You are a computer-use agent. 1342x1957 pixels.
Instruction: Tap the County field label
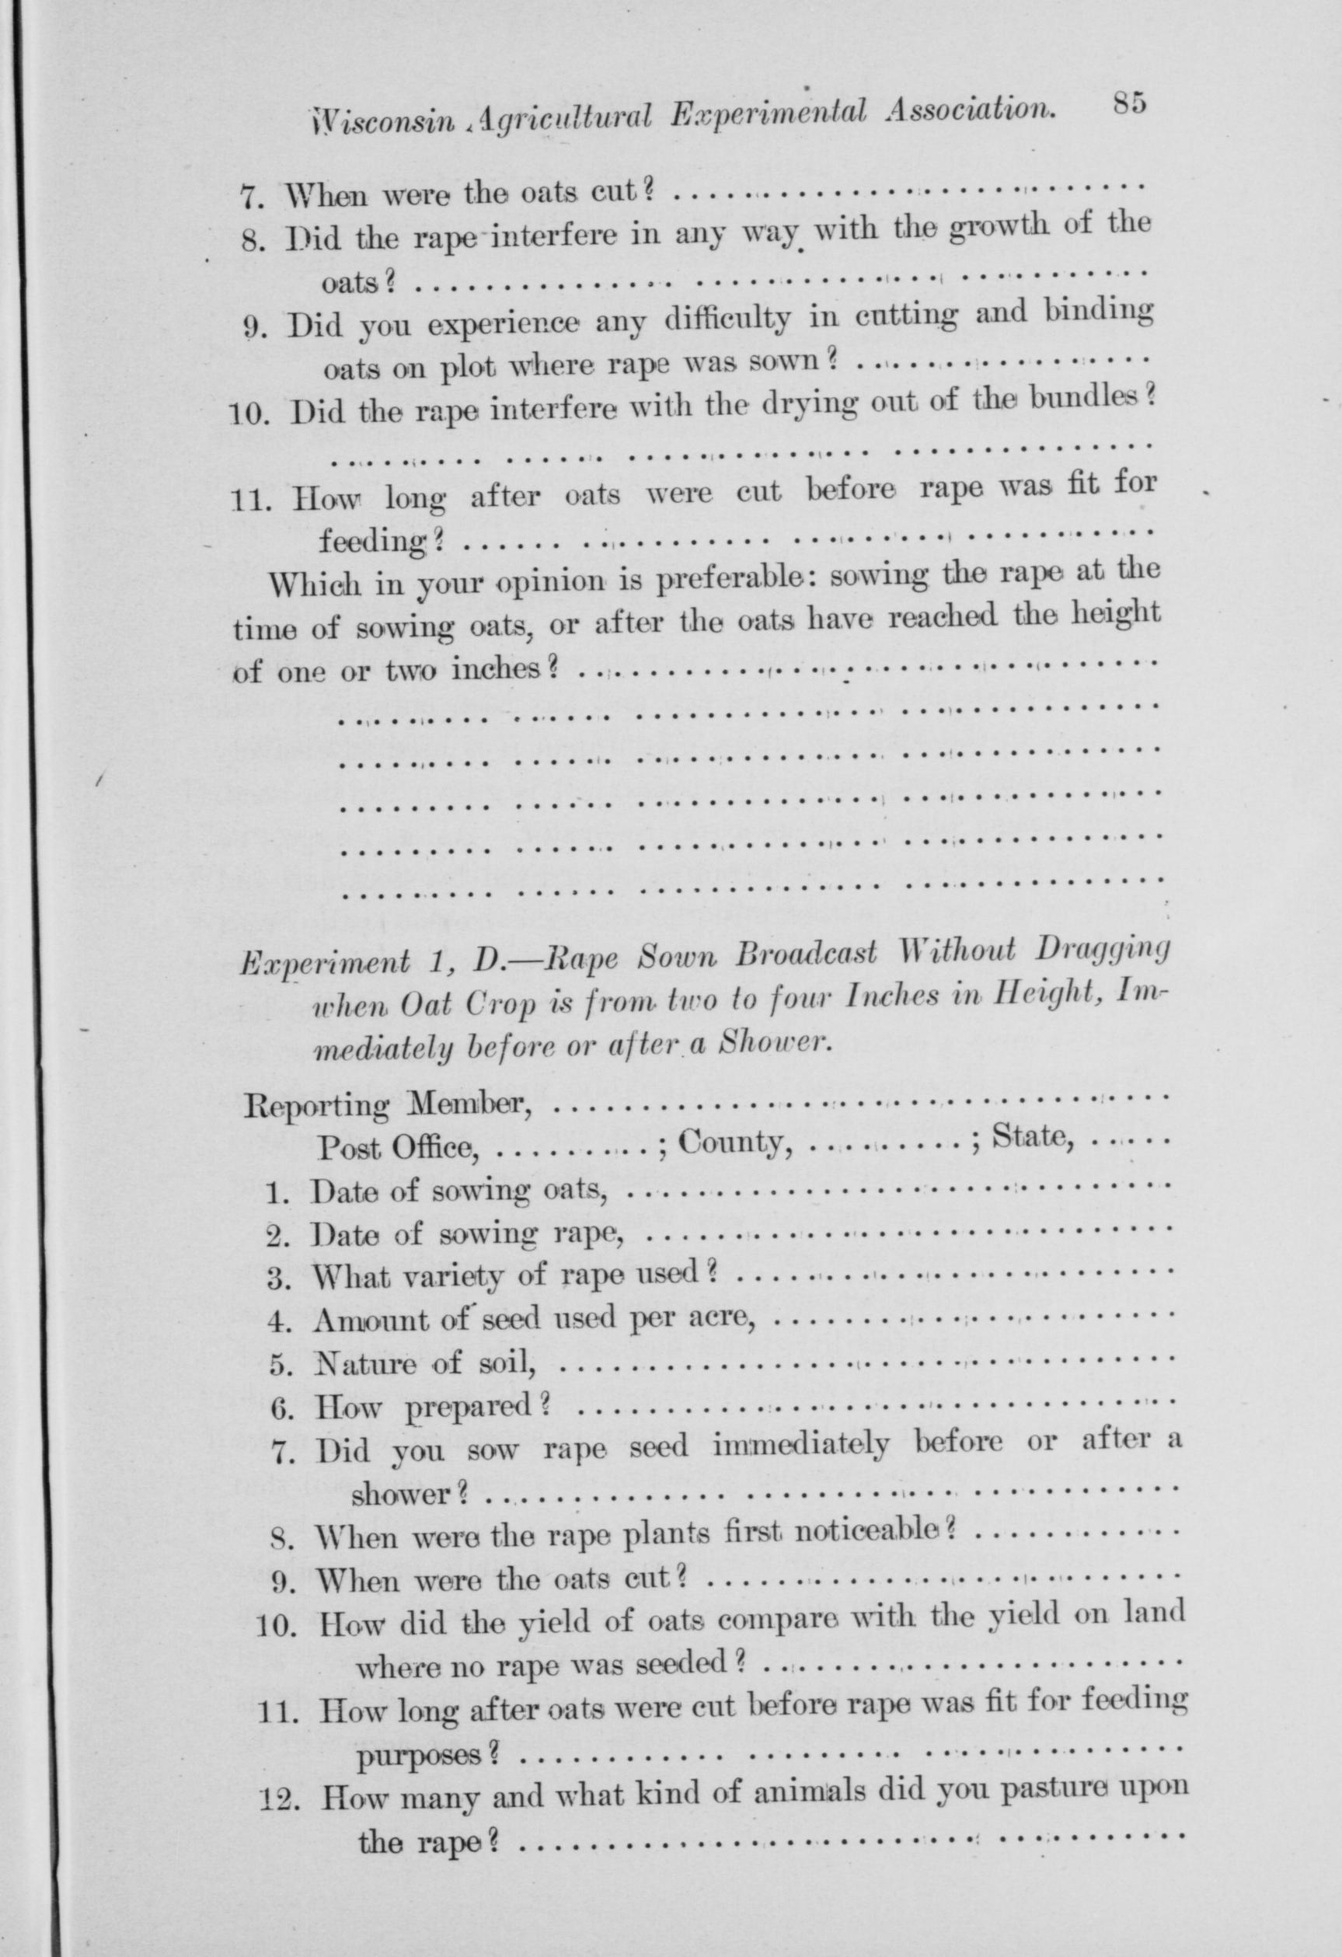pos(735,1141)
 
